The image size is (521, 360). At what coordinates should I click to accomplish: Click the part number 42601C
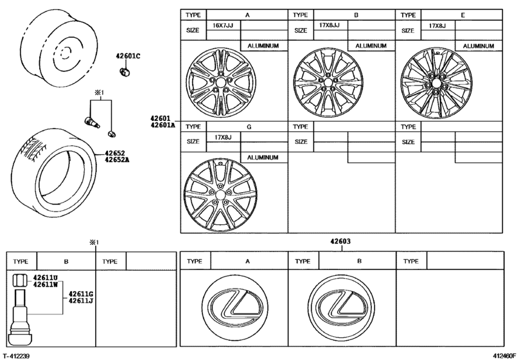(128, 57)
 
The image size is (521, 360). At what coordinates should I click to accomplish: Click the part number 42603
(340, 242)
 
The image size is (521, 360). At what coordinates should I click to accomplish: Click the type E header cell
(464, 14)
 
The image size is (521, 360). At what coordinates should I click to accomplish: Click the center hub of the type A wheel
(220, 84)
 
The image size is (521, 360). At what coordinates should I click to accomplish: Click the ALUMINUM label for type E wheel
(478, 46)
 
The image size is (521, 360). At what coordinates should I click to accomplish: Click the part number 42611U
(46, 278)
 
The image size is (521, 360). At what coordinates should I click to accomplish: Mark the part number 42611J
(82, 300)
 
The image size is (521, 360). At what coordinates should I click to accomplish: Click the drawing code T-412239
(17, 355)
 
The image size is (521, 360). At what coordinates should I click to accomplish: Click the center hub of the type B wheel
(327, 82)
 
